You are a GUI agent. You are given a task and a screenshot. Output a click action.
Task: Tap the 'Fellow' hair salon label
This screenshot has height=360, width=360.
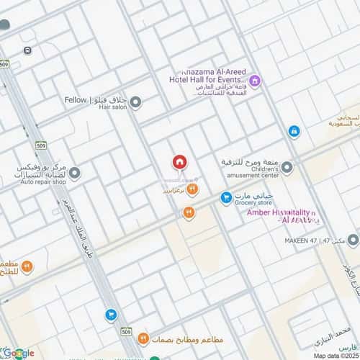click(x=75, y=101)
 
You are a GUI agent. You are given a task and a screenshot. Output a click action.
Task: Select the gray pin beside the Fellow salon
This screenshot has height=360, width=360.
click(x=135, y=102)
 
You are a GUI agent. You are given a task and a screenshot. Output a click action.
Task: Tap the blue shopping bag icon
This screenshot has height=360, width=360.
click(x=294, y=131)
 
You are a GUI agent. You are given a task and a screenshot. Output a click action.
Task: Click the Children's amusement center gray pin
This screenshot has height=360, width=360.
click(x=287, y=168)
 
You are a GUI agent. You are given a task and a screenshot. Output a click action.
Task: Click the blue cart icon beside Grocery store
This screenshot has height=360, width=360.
click(x=226, y=196)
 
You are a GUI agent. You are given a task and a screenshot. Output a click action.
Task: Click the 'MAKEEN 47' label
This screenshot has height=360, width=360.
click(x=302, y=240)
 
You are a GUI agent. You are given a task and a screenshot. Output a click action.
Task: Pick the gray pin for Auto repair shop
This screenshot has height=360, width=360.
click(x=75, y=174)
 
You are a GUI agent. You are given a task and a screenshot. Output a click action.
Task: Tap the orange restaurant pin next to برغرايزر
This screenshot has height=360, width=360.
click(x=192, y=189)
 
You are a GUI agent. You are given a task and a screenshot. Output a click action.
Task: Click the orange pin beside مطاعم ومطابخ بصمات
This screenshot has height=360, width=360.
click(x=143, y=338)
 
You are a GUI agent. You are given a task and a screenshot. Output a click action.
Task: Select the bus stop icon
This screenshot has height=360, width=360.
click(x=27, y=50)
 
